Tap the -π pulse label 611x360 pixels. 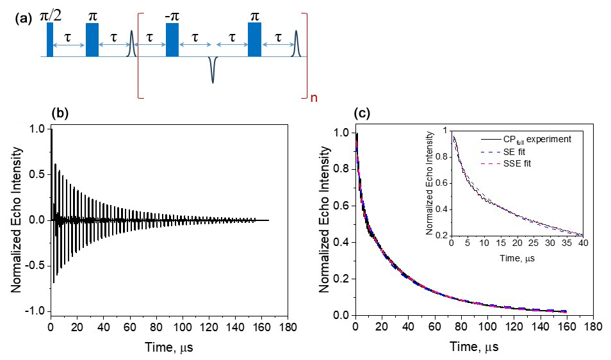tap(172, 14)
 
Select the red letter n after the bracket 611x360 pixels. tap(314, 99)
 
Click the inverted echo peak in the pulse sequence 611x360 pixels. tap(213, 72)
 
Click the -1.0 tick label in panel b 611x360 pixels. tap(36, 311)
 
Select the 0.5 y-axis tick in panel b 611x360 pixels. tap(39, 174)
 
